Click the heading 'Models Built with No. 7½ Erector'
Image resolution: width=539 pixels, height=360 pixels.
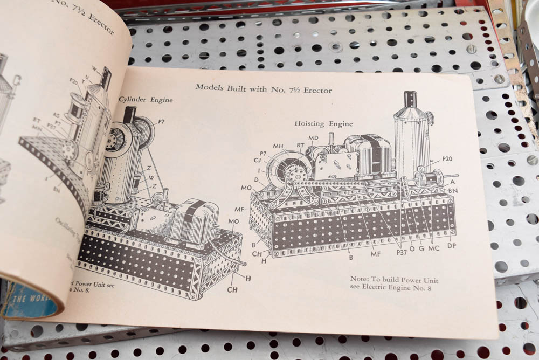tap(264, 88)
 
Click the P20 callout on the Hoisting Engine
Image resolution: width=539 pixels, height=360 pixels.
tap(447, 159)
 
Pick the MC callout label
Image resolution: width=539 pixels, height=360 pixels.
tap(433, 248)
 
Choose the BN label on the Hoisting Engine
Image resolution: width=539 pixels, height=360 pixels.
tap(453, 190)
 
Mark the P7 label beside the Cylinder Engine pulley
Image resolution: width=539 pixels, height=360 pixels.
tap(161, 121)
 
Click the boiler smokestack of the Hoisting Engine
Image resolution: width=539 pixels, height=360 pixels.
tap(410, 99)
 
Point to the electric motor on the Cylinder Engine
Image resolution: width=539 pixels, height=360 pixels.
tap(195, 221)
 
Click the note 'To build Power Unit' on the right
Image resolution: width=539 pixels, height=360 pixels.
tap(395, 284)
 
